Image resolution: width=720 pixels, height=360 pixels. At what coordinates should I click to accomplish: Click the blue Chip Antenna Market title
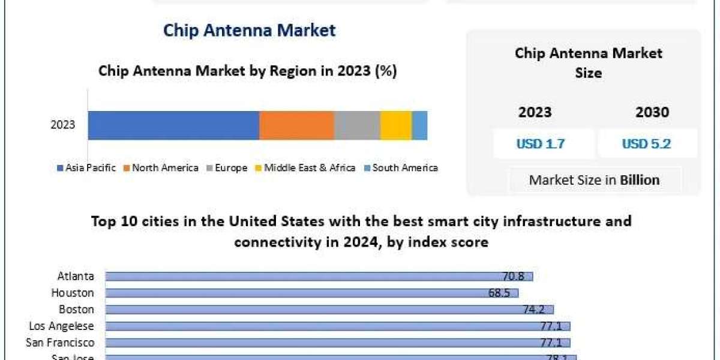[x=249, y=31]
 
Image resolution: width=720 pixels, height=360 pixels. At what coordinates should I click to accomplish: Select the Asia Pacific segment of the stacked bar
[x=173, y=125]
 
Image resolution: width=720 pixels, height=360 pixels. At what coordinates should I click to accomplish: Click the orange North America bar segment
[x=296, y=125]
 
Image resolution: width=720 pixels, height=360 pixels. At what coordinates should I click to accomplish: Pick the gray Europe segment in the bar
[x=357, y=125]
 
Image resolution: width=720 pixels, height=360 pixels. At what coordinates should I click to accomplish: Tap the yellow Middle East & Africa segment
[x=396, y=125]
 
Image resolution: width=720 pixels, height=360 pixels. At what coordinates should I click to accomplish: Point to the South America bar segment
[x=419, y=125]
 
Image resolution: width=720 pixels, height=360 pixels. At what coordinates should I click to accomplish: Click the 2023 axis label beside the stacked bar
[x=62, y=125]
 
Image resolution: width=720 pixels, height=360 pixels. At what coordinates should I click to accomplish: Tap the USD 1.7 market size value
[x=541, y=144]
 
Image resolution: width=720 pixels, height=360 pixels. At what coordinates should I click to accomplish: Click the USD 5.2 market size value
[x=646, y=144]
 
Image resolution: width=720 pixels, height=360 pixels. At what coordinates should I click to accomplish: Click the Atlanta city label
[x=76, y=277]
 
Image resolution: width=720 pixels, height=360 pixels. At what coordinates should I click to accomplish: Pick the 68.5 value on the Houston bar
[x=499, y=293]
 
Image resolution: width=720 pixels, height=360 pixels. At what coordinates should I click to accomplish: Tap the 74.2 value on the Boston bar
[x=535, y=310]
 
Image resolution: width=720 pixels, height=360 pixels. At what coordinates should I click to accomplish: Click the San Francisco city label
[x=60, y=343]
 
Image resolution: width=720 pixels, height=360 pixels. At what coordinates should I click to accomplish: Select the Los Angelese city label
[x=62, y=326]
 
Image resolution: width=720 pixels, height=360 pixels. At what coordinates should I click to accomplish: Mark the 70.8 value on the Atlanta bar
[x=514, y=277]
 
